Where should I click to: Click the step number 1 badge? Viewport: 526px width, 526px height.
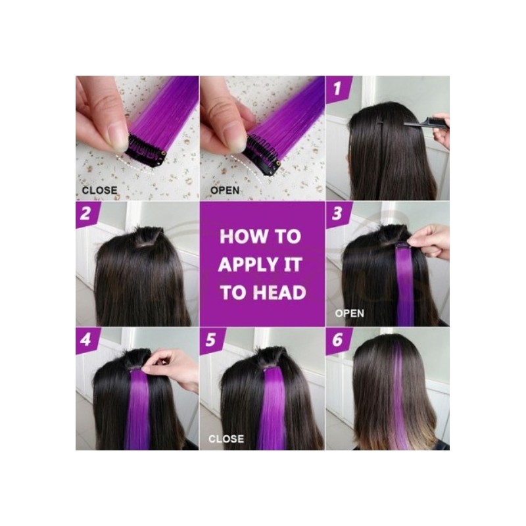(x=338, y=89)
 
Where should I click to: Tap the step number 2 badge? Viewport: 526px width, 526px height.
(x=87, y=214)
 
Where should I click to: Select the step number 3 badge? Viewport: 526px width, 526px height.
(x=338, y=214)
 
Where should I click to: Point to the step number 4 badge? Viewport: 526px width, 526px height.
(x=87, y=340)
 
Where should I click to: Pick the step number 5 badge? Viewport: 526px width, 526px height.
(x=212, y=340)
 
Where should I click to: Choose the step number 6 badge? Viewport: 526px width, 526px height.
(x=338, y=340)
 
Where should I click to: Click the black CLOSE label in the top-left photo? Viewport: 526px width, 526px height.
(x=100, y=190)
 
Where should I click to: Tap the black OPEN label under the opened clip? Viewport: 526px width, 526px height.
(x=225, y=190)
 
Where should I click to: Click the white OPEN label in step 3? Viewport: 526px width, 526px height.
(x=350, y=314)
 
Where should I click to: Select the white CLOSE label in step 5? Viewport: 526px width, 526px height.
(x=226, y=439)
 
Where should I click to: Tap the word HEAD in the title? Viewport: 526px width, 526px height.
(x=279, y=293)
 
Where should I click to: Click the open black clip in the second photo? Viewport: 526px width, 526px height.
(x=264, y=155)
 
